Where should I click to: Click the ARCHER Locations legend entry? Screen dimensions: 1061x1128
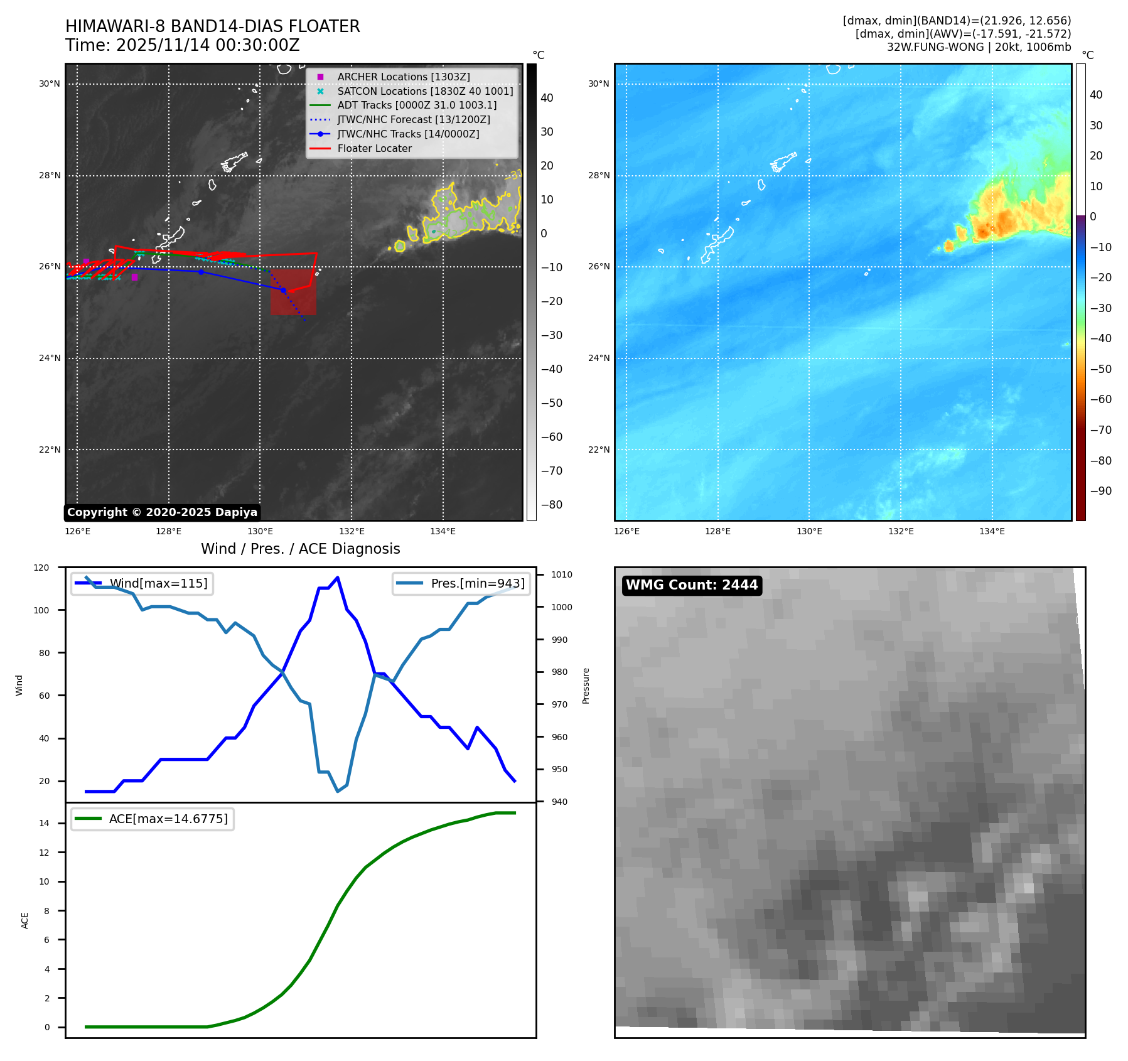[403, 77]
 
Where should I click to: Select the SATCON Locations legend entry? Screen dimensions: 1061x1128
[424, 91]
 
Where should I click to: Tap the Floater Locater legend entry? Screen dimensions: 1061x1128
[374, 148]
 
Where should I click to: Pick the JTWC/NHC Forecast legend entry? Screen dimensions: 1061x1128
[413, 119]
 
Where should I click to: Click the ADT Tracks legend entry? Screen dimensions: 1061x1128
[416, 105]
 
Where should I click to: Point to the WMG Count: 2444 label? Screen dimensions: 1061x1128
[692, 585]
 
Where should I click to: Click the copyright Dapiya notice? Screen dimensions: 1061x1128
[162, 512]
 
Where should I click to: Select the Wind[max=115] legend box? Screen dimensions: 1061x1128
[142, 583]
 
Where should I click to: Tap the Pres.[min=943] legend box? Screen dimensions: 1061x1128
[461, 583]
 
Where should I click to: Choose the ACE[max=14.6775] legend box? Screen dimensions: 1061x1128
[153, 819]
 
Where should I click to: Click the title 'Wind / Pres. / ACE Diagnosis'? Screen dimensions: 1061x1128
[300, 549]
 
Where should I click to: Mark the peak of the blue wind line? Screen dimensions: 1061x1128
[338, 578]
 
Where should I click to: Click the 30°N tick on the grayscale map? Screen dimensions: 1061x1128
[50, 83]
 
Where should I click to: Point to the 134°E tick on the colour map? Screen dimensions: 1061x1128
[992, 531]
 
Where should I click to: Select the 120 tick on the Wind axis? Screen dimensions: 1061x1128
[41, 568]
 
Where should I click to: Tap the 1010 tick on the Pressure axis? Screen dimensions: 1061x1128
[561, 574]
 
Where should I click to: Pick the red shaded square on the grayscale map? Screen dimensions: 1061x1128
[293, 292]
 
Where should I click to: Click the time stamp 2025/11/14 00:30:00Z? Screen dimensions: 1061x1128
[208, 45]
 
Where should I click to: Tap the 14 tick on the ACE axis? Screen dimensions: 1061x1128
[44, 823]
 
